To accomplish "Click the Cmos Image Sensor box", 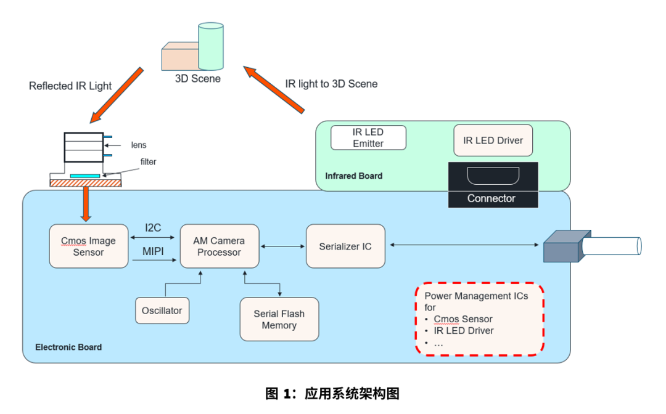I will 89,246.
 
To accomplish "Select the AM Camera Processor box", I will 219,246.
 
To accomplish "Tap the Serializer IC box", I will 345,246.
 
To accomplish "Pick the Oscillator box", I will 162,310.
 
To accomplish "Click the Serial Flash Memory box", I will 279,319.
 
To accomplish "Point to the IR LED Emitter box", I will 368,137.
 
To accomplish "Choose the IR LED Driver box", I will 493,140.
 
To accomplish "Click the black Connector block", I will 492,185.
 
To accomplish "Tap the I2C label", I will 153,227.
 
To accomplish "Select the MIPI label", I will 153,253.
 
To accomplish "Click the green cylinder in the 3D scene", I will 210,46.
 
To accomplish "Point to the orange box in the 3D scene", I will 179,57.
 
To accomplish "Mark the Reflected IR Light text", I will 70,86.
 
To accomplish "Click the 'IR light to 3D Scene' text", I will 331,84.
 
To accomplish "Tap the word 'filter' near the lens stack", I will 148,162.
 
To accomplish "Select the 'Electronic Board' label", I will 68,347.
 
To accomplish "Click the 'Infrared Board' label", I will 353,176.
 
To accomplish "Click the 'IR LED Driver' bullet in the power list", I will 464,330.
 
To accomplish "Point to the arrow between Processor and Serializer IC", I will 283,246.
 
